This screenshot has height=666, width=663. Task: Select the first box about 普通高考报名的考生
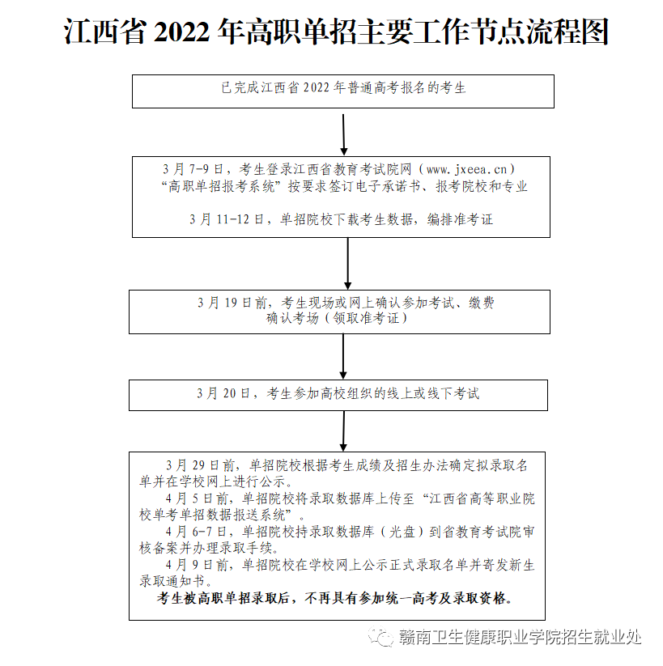tap(343, 89)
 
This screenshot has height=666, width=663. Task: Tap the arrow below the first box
tap(344, 134)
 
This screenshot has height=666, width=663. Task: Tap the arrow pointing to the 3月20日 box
tap(343, 356)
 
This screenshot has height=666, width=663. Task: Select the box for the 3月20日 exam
tap(338, 394)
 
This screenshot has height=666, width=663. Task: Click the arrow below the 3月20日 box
tap(344, 431)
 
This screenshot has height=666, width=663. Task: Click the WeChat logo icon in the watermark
tap(382, 637)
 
